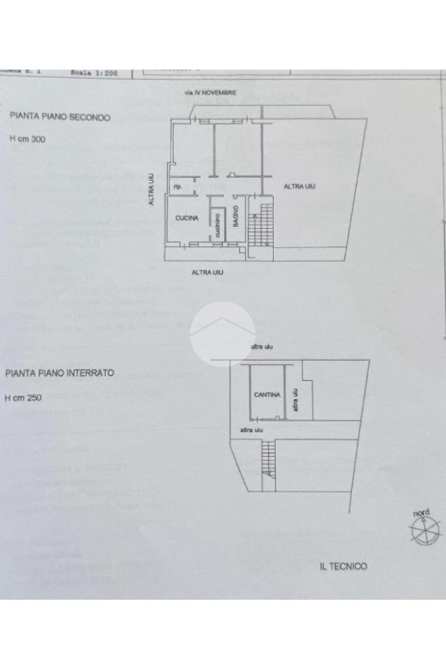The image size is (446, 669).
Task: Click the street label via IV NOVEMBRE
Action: point(210,93)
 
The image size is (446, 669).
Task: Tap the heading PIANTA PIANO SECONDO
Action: point(60,117)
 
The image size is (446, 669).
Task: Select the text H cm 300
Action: point(27,139)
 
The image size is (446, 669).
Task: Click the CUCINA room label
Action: point(187,218)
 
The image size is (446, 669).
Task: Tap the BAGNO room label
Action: point(236,216)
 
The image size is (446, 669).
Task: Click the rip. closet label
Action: point(177,188)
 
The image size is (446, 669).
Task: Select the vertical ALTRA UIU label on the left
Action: point(151,190)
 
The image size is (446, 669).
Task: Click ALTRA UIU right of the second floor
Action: point(299,186)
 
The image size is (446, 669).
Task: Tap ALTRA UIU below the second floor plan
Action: point(207,272)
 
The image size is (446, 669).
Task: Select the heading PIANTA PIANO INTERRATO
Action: point(59,373)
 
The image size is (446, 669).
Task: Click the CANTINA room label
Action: point(267,395)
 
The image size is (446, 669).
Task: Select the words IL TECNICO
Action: point(343,566)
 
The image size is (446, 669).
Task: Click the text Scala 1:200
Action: point(94,73)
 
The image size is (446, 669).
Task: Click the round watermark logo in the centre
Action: point(223,334)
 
